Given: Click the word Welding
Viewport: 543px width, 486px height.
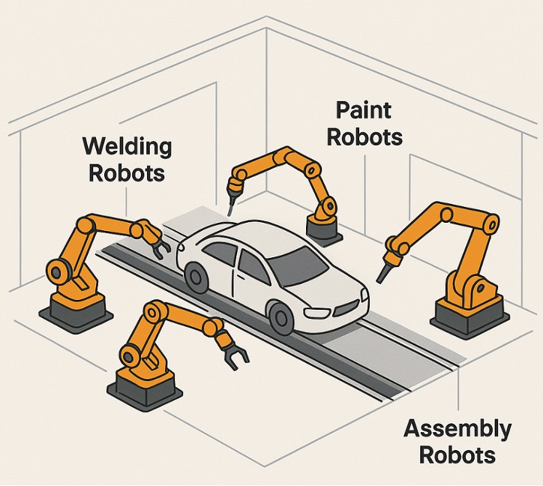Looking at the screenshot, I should click(127, 145).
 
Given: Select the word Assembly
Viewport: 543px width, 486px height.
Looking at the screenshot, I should click(458, 430).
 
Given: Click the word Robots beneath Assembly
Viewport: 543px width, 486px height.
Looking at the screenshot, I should click(458, 455).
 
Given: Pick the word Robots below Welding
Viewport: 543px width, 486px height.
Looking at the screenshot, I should click(127, 172).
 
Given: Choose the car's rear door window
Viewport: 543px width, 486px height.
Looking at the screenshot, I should click(221, 253).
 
